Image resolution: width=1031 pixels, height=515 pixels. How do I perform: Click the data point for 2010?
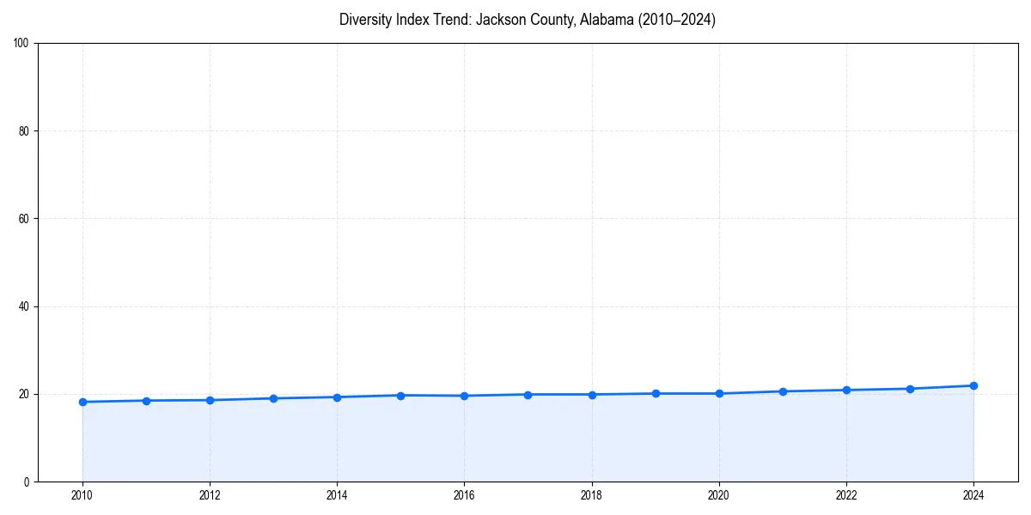(82, 402)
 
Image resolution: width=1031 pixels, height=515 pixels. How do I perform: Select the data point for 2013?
(273, 398)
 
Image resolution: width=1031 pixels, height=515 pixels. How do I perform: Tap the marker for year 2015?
(400, 395)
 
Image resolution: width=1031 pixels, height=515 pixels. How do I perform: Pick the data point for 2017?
(528, 394)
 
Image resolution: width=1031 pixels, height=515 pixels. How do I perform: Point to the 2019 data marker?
(656, 393)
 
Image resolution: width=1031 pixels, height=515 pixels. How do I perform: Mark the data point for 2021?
(783, 391)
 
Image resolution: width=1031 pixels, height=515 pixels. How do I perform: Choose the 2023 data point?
(910, 389)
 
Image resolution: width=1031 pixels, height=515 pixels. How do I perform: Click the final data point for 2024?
(973, 385)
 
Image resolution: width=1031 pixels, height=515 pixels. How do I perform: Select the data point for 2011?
(146, 401)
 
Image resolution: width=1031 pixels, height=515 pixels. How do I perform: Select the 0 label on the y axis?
(27, 482)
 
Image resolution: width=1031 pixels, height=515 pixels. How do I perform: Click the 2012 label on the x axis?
(210, 494)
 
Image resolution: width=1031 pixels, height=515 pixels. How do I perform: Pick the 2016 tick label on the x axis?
(464, 494)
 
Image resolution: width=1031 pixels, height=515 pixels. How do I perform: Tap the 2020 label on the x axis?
(719, 494)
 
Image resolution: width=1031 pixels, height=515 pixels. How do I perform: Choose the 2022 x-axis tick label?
(846, 494)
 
